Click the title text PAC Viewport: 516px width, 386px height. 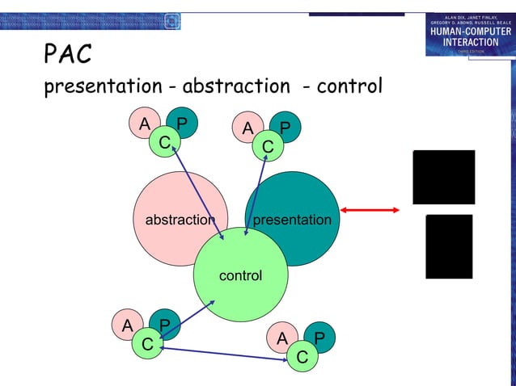[67, 54]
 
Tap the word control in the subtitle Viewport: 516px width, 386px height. [349, 86]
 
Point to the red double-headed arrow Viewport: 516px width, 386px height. [370, 210]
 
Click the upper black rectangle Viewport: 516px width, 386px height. [443, 177]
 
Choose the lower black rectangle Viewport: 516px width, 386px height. [449, 246]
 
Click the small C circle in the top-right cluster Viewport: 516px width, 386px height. [267, 147]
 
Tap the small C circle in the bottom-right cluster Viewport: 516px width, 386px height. [302, 356]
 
